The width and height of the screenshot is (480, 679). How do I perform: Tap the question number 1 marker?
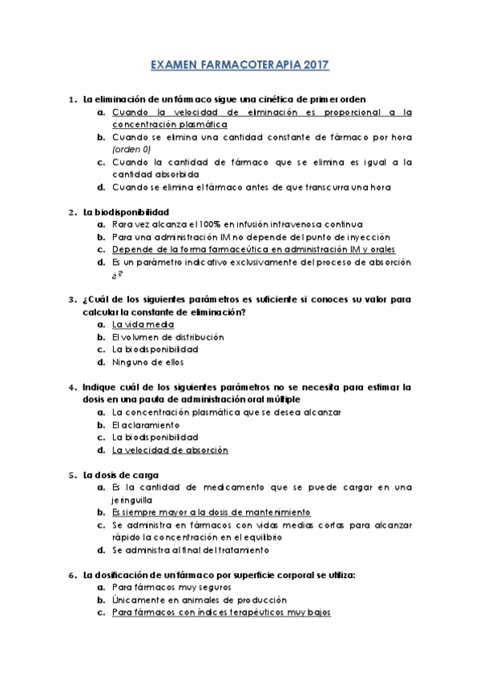point(71,100)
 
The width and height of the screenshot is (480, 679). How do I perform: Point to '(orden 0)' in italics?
point(134,150)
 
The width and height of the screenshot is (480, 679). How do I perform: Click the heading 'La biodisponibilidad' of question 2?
point(126,212)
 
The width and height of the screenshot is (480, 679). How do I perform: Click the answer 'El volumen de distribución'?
point(168,337)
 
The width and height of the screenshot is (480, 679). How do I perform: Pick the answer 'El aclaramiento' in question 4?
point(146,424)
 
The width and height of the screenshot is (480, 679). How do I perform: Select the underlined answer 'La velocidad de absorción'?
point(171,450)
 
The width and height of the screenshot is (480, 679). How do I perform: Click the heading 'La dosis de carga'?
point(120,475)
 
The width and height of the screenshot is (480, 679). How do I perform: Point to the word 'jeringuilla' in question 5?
point(133,499)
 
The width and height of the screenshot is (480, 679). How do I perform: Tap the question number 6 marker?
point(71,575)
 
